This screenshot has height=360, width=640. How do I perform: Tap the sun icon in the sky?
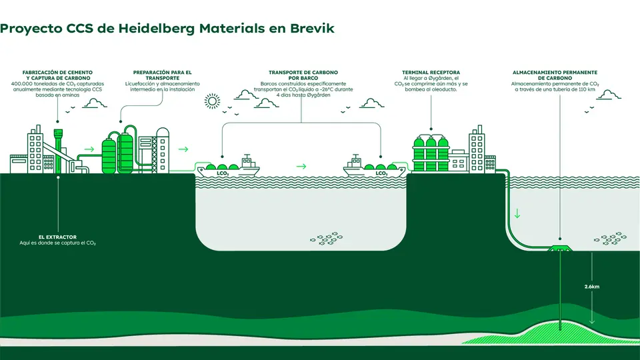[x=212, y=101]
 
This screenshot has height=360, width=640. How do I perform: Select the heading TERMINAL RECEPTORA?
[x=431, y=72]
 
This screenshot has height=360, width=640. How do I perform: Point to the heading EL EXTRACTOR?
[x=57, y=237]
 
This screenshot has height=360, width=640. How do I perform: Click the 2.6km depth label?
[x=591, y=287]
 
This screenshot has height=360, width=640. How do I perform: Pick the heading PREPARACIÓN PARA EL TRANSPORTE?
[x=162, y=75]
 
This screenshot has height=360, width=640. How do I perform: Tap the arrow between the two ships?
[x=301, y=166]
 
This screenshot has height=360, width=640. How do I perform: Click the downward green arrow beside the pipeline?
[x=516, y=215]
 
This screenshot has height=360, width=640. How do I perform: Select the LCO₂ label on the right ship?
[x=381, y=173]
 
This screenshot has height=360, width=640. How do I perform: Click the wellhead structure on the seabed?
[x=560, y=249]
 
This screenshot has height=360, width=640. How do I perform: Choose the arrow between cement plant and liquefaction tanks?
[x=89, y=149]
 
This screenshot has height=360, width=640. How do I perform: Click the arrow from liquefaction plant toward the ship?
[x=183, y=149]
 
